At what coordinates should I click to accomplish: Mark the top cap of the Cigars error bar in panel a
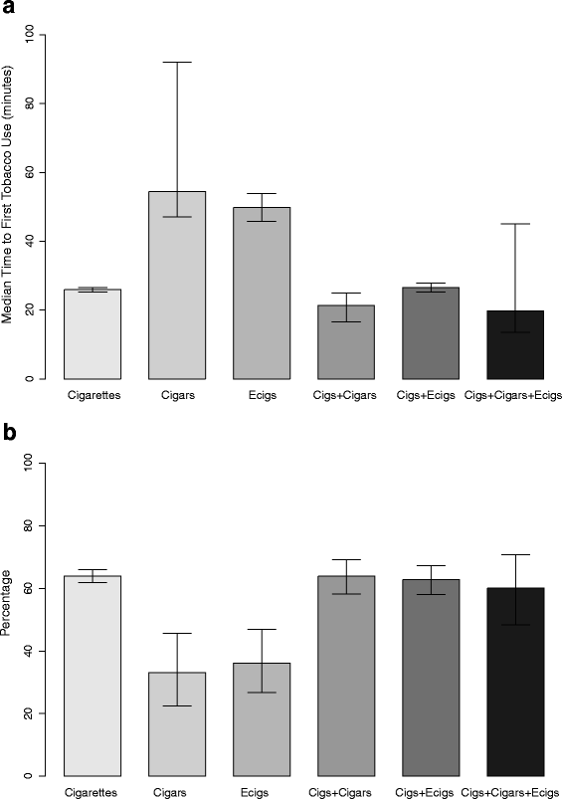(177, 62)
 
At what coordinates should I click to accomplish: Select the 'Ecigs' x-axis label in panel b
(262, 792)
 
